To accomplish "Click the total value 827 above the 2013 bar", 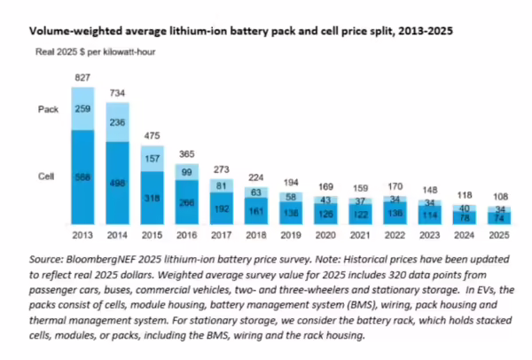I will pyautogui.click(x=82, y=78).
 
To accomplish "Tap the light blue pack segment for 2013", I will pyautogui.click(x=82, y=108).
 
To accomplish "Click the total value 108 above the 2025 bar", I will pyautogui.click(x=498, y=197).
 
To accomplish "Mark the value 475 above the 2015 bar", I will pyautogui.click(x=152, y=136).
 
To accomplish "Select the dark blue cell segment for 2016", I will pyautogui.click(x=186, y=202).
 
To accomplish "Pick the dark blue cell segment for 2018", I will pyautogui.click(x=255, y=213).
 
